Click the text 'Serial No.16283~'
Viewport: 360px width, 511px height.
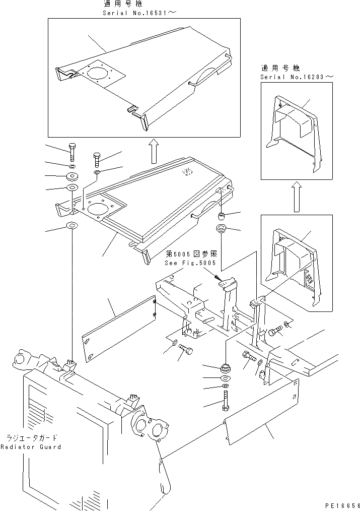pyautogui.click(x=297, y=77)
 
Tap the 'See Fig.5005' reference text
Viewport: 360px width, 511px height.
pyautogui.click(x=190, y=263)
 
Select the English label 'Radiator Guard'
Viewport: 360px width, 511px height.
pyautogui.click(x=31, y=447)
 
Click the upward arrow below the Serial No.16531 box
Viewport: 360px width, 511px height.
pyautogui.click(x=155, y=151)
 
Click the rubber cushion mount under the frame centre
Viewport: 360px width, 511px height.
pyautogui.click(x=225, y=367)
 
